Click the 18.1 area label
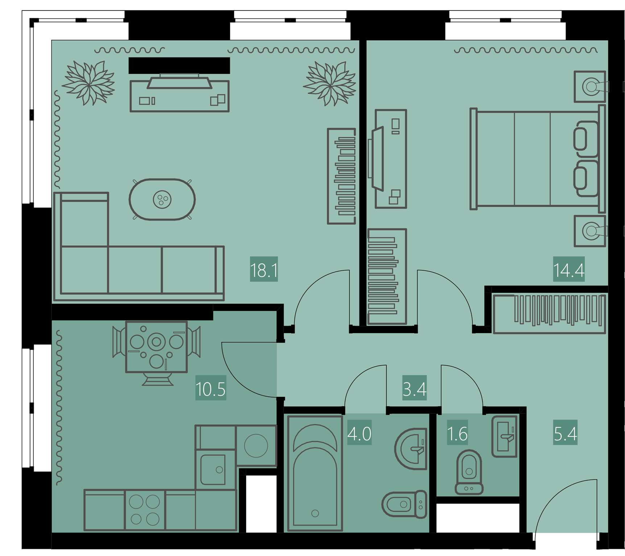(264, 270)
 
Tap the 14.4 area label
(569, 270)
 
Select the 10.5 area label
(211, 389)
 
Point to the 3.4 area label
(414, 389)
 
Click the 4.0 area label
(359, 433)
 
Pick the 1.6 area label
(457, 433)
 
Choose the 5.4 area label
(565, 433)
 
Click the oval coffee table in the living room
(162, 199)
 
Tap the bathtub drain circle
(315, 513)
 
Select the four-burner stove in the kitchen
(145, 510)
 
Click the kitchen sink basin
(213, 469)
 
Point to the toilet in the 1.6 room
(469, 472)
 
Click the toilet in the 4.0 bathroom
(404, 504)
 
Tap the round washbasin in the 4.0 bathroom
(410, 449)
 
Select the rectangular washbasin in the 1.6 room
(504, 437)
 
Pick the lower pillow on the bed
(585, 178)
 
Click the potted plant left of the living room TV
(88, 83)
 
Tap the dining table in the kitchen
(156, 347)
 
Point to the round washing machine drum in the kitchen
(256, 446)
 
